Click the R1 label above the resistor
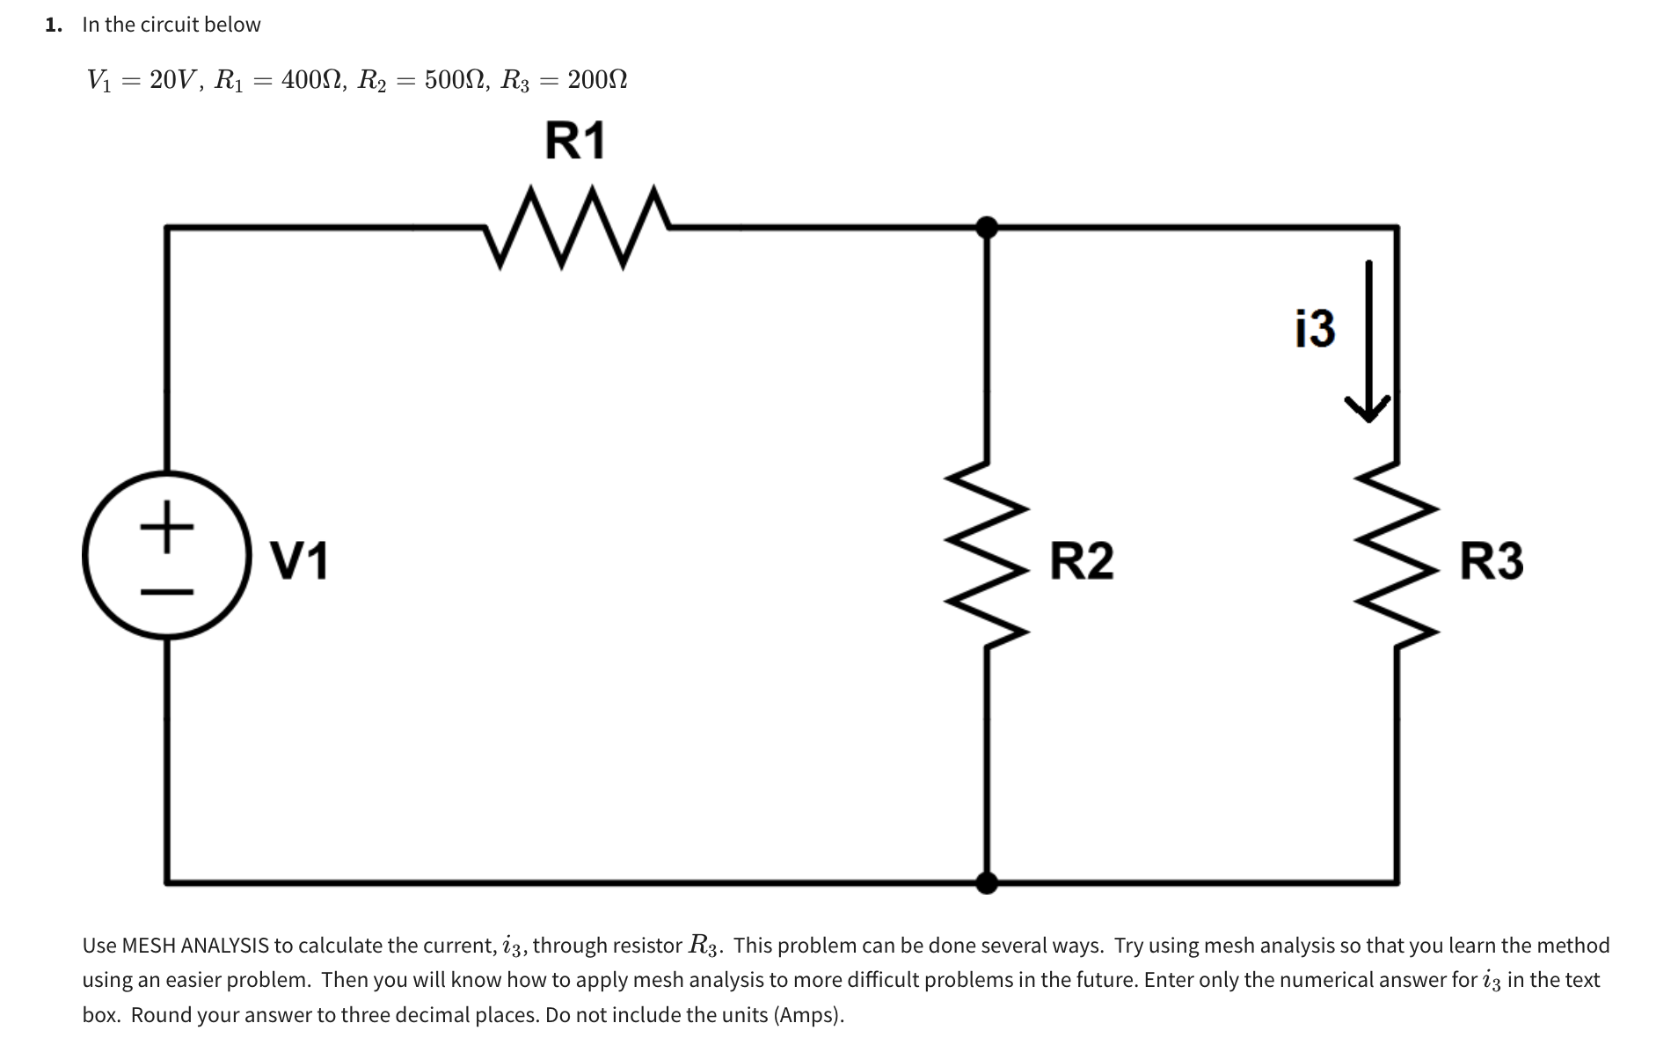click(575, 141)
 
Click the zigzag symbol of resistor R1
click(577, 227)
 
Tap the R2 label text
click(1082, 560)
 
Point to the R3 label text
click(1492, 560)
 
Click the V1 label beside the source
click(299, 560)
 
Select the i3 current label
click(1315, 328)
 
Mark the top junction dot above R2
click(987, 228)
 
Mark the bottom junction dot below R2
click(987, 881)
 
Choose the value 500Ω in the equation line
click(456, 80)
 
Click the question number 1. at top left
click(55, 25)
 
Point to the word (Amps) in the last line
click(807, 1015)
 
